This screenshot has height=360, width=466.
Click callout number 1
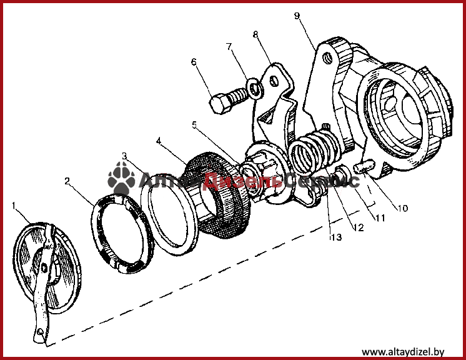13,206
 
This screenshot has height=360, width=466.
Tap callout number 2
67,181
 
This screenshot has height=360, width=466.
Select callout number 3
124,156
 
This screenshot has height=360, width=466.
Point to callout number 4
159,141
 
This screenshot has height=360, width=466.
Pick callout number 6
194,62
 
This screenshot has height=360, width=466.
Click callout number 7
229,47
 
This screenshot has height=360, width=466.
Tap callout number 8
255,34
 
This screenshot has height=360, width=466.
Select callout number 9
297,16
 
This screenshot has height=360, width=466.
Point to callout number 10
402,208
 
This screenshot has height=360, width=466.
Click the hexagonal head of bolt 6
221,104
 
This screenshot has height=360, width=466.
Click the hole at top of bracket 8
274,81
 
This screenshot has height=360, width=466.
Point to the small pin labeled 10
363,168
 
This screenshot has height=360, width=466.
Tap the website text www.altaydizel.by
403,352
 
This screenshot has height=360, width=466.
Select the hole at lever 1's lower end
41,331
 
